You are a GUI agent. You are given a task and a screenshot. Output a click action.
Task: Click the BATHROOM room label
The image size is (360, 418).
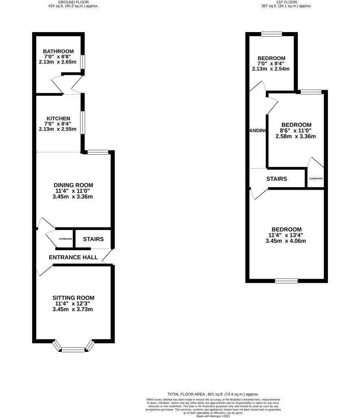(x=59, y=51)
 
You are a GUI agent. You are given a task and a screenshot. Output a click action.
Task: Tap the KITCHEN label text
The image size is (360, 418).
(x=59, y=118)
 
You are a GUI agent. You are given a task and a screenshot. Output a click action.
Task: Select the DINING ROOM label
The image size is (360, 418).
(x=73, y=185)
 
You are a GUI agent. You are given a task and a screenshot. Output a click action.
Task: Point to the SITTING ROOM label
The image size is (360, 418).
(x=73, y=298)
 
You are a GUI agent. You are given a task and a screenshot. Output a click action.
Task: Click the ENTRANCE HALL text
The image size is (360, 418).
(x=73, y=257)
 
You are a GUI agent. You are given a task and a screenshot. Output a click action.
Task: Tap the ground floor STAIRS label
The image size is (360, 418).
(x=93, y=239)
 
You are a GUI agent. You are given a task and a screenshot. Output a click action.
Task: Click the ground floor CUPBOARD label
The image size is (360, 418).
(x=65, y=239)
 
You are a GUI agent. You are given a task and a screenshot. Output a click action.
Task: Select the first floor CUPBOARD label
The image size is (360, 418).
(x=316, y=179)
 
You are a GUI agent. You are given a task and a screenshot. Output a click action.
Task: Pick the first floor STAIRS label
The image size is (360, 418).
(x=277, y=179)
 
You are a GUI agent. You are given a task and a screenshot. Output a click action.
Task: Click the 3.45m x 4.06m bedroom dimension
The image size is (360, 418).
(x=286, y=241)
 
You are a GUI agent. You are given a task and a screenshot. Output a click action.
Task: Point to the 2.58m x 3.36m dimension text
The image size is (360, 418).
(x=296, y=136)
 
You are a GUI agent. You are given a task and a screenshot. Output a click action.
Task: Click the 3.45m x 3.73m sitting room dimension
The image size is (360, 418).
(x=73, y=310)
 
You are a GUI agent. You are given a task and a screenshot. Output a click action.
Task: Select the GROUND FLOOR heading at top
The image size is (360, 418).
(x=73, y=2)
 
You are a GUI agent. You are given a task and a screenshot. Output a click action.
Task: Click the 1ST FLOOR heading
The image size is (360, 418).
(x=287, y=2)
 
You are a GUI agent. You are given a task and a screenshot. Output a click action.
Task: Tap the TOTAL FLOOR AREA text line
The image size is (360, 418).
(x=213, y=394)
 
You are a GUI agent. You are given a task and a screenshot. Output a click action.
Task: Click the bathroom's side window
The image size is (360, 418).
(x=83, y=62)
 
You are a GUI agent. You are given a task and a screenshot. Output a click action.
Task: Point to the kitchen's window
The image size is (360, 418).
(x=83, y=123)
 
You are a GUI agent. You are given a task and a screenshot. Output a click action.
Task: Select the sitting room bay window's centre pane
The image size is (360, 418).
(x=73, y=349)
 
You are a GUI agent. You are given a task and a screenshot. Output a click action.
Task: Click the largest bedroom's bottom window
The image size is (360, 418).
(x=286, y=281)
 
